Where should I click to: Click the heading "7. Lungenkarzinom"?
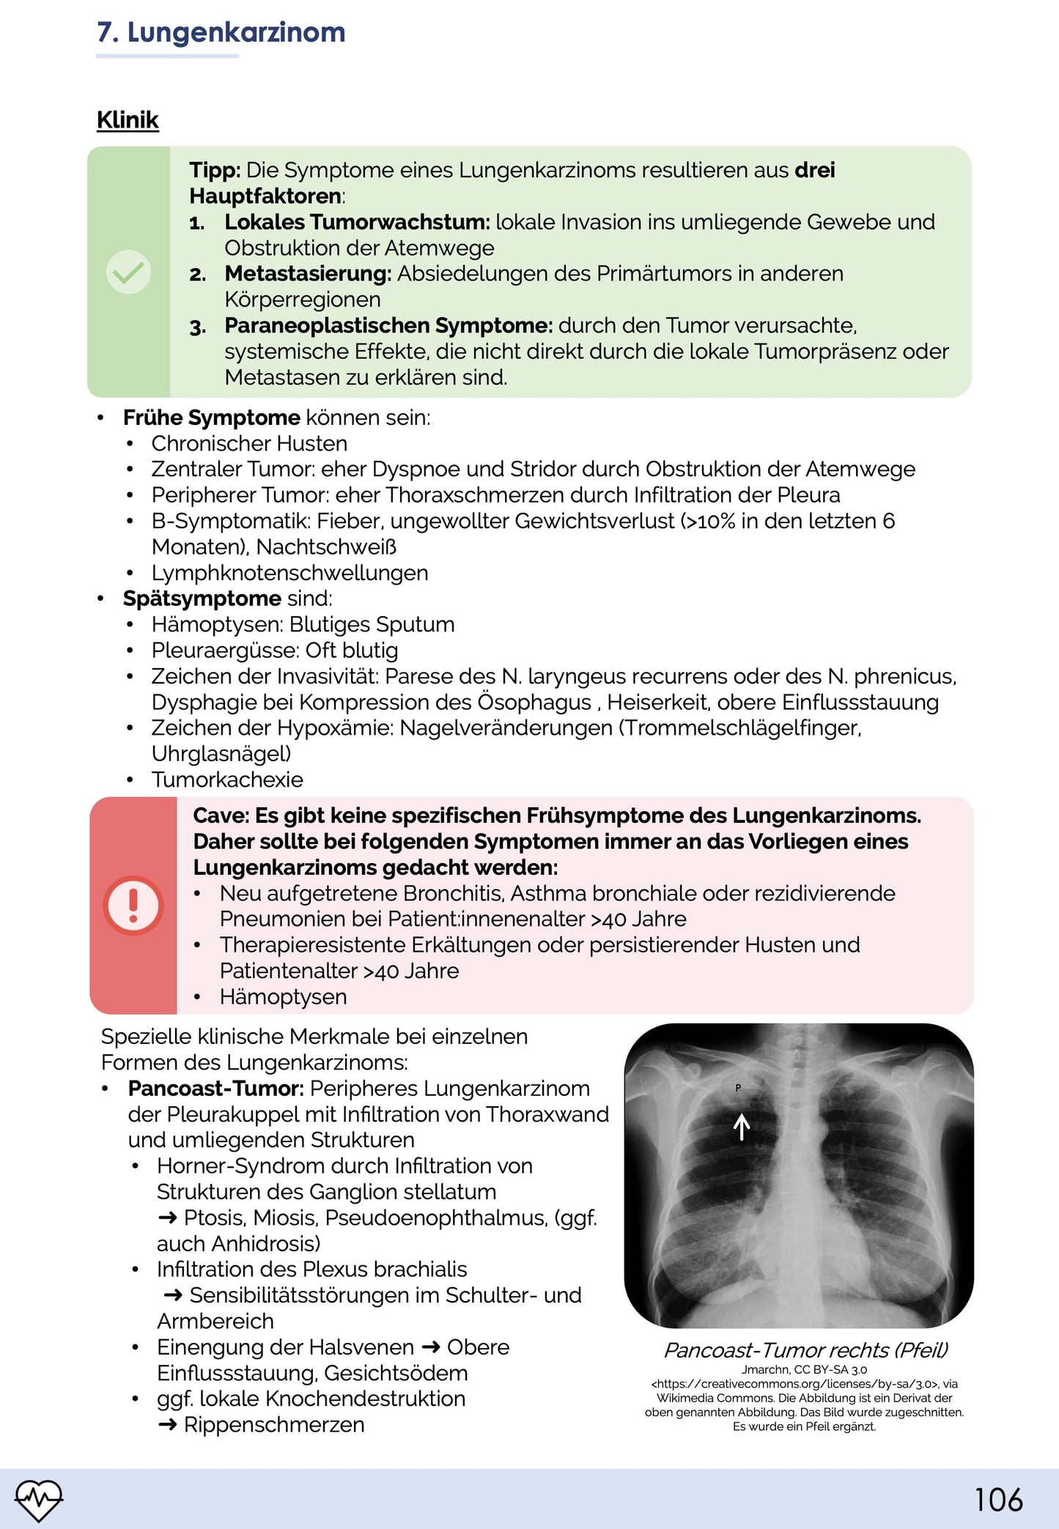click(221, 33)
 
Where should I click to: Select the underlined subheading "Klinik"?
click(128, 120)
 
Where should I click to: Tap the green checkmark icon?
click(129, 272)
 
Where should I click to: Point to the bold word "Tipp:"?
click(215, 171)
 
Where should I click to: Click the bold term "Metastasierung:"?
click(308, 274)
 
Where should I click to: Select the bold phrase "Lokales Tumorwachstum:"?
click(357, 222)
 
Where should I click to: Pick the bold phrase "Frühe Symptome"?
click(211, 418)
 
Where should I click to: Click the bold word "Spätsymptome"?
click(202, 599)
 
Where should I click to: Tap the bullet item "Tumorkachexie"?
click(227, 780)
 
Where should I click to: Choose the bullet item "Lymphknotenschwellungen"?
click(289, 573)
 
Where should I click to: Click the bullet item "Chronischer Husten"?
click(249, 444)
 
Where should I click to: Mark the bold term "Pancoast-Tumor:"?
click(216, 1089)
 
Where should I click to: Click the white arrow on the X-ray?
click(742, 1127)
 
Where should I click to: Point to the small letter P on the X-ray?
click(738, 1088)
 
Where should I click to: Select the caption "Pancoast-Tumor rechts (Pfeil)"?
click(805, 1350)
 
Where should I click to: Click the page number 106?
click(998, 1500)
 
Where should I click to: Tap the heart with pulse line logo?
click(40, 1499)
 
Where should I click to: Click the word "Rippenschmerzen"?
click(274, 1425)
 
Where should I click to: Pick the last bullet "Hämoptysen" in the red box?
click(283, 997)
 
